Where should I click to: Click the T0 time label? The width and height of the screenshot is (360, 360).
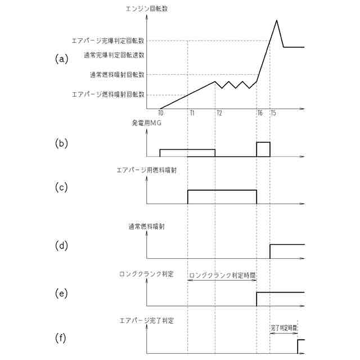point(160,113)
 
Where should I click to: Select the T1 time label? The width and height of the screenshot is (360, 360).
point(192,113)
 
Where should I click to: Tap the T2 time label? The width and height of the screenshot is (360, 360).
point(219,113)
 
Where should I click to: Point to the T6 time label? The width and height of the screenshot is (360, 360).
point(260,113)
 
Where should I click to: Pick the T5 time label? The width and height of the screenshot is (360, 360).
point(273,113)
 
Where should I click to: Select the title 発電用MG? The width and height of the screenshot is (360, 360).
point(146,124)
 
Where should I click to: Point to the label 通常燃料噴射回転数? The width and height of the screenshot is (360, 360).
point(117,74)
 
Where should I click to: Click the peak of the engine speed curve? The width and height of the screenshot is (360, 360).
point(277,21)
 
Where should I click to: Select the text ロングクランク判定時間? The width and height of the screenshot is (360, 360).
point(223,276)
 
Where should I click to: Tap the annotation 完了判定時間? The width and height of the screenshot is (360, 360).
point(284,326)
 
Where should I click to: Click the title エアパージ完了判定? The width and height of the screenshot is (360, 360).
point(147,320)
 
